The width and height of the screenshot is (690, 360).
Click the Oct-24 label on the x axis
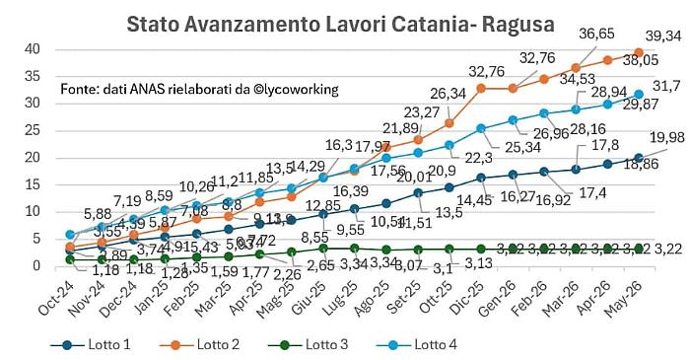point(57,295)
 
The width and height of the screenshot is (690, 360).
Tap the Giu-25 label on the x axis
point(309,295)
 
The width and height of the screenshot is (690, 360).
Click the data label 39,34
point(663,36)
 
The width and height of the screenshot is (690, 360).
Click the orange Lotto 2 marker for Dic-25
point(481,88)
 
